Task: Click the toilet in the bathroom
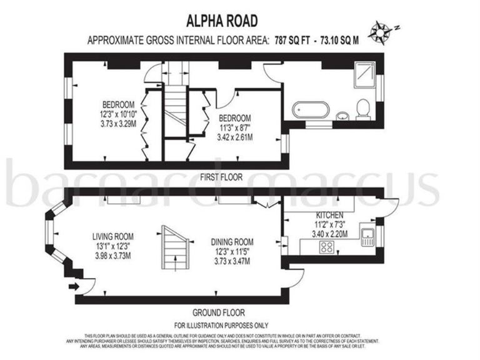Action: pyautogui.click(x=361, y=110)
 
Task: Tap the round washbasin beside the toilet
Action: pyautogui.click(x=342, y=115)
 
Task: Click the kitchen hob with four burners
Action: pyautogui.click(x=327, y=246)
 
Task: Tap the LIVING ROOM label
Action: pyautogui.click(x=113, y=236)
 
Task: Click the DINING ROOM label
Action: pyautogui.click(x=232, y=242)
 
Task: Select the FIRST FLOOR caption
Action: pyautogui.click(x=221, y=177)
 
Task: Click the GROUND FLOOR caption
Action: pyautogui.click(x=218, y=312)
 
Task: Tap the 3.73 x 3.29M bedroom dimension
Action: pyautogui.click(x=119, y=124)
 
